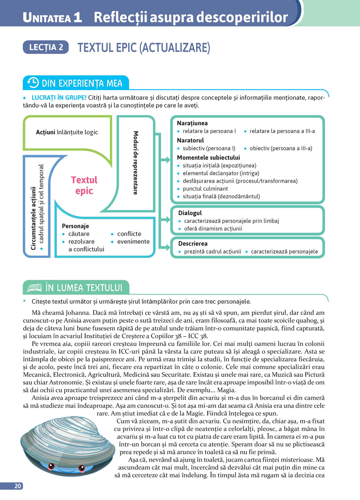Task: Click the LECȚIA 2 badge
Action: tap(46, 47)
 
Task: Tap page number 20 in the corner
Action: tap(18, 486)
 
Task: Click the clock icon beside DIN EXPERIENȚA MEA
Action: tap(33, 83)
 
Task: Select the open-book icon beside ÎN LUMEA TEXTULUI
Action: tap(35, 288)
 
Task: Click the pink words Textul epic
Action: tap(84, 185)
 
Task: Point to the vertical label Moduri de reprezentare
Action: tap(136, 163)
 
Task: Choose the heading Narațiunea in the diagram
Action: tap(192, 123)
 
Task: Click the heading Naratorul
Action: tap(190, 140)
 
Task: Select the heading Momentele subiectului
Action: tap(208, 158)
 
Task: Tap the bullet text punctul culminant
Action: tap(205, 188)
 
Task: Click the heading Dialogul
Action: tap(190, 213)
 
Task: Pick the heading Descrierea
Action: tap(193, 244)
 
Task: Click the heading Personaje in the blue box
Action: tap(75, 226)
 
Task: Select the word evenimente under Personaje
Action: tap(133, 241)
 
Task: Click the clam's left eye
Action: tap(51, 467)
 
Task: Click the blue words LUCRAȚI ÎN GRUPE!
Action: tap(59, 97)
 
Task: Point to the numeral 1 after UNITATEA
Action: tap(77, 17)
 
